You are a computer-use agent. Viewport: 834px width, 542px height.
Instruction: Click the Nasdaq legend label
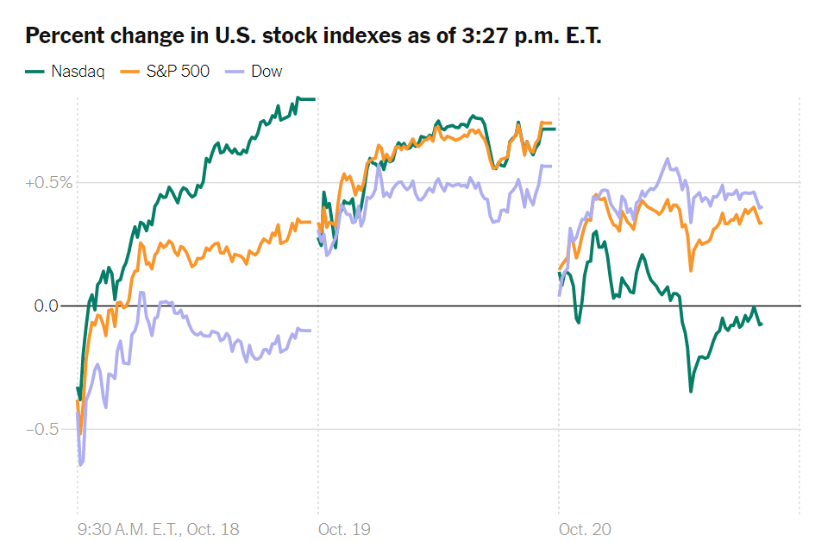coord(78,72)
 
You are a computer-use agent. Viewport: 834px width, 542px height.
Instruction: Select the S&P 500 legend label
coord(178,71)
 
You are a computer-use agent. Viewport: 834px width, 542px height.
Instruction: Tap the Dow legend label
coord(267,71)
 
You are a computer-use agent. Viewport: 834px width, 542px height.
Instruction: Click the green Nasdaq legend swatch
coord(34,72)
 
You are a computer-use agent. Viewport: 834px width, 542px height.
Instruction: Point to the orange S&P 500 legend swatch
coord(129,72)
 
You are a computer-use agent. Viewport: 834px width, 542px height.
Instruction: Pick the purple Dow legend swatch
coord(235,72)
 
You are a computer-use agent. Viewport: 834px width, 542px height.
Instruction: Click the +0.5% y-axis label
coord(49,183)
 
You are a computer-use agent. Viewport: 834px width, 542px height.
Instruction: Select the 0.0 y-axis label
coord(47,306)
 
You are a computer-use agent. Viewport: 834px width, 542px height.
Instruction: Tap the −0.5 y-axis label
coord(42,429)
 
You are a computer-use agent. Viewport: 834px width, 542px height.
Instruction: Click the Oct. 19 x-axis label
coord(344,529)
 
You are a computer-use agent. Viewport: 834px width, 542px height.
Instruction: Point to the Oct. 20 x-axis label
coord(585,529)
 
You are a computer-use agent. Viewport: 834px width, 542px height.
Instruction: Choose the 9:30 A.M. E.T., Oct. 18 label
coord(159,529)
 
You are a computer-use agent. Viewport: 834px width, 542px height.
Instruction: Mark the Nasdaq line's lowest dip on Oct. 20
coord(691,392)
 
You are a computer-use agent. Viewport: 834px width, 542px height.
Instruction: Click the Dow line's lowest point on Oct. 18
coord(81,465)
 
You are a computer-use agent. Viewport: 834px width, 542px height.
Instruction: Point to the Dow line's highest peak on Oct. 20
coord(668,159)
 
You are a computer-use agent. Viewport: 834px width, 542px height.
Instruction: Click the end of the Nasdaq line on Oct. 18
coord(314,99)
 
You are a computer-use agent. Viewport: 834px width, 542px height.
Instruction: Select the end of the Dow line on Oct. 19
coord(551,166)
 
